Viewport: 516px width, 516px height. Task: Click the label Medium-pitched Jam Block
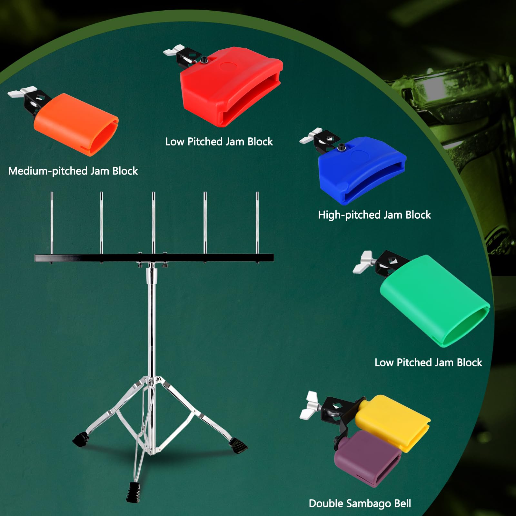[73, 171]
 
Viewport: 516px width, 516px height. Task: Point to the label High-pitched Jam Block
[374, 215]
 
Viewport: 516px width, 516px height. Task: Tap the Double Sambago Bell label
[360, 503]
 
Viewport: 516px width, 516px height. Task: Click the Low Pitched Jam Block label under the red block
[219, 142]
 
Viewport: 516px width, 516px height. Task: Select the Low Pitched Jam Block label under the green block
[428, 362]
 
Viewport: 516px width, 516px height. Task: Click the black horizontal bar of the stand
[97, 258]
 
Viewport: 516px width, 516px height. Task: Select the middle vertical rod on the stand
[154, 223]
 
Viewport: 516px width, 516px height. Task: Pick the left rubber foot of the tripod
[81, 439]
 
